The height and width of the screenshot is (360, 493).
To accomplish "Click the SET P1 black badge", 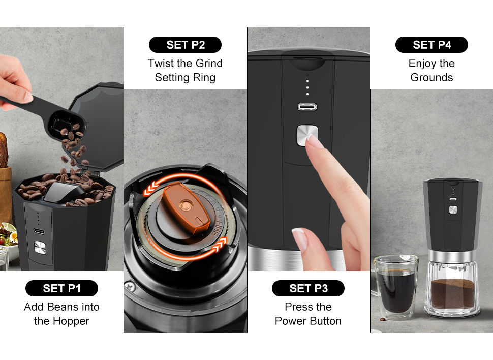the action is [61, 288].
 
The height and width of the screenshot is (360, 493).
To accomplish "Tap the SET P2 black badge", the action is [185, 45].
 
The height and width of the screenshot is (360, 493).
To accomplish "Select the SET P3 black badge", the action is [308, 288].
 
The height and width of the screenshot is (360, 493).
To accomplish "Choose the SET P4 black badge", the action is [432, 45].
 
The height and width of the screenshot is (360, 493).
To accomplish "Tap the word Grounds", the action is [432, 77].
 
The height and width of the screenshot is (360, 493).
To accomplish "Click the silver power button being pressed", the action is [307, 135].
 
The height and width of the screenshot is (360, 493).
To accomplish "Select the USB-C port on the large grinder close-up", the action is [307, 107].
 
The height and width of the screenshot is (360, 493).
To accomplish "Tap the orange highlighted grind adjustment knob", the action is [187, 207].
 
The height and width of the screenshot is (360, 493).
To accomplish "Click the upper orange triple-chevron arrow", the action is [151, 188].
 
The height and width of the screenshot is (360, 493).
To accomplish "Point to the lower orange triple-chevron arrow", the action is [220, 245].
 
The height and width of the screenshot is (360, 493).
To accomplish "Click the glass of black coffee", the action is [396, 287].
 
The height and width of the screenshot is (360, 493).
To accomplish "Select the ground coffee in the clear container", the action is [452, 293].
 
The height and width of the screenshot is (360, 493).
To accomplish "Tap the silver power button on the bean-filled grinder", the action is [40, 247].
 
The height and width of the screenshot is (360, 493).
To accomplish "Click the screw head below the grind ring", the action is [130, 286].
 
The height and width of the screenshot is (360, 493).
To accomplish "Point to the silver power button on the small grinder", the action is [453, 209].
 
